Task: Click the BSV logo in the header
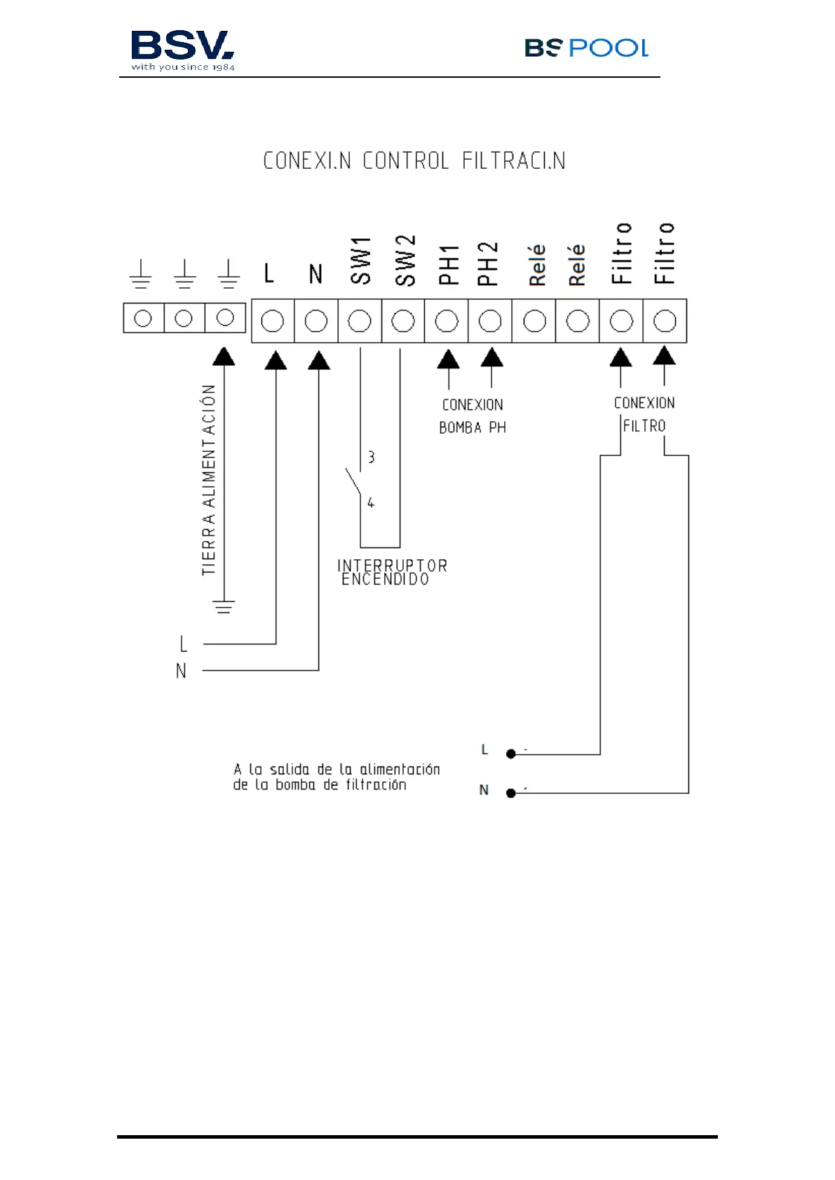pyautogui.click(x=182, y=50)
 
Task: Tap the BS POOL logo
pyautogui.click(x=586, y=48)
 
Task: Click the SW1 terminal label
pyautogui.click(x=360, y=261)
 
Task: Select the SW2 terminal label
pyautogui.click(x=405, y=261)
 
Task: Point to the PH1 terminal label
pyautogui.click(x=448, y=265)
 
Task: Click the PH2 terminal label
pyautogui.click(x=488, y=264)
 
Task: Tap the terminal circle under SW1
pyautogui.click(x=360, y=321)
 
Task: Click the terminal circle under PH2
pyautogui.click(x=490, y=321)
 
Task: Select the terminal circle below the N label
pyautogui.click(x=316, y=321)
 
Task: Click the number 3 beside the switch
pyautogui.click(x=372, y=457)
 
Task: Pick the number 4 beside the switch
pyautogui.click(x=371, y=502)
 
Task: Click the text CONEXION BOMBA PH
pyautogui.click(x=473, y=416)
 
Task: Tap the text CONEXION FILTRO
pyautogui.click(x=644, y=414)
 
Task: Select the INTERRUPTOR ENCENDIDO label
pyautogui.click(x=392, y=572)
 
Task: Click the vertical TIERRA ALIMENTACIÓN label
pyautogui.click(x=209, y=480)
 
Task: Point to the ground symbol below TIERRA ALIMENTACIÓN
pyautogui.click(x=224, y=607)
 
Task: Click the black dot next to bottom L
pyautogui.click(x=511, y=754)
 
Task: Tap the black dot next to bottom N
pyautogui.click(x=511, y=793)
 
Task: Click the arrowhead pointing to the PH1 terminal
pyautogui.click(x=448, y=359)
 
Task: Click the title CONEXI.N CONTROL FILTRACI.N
pyautogui.click(x=414, y=161)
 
